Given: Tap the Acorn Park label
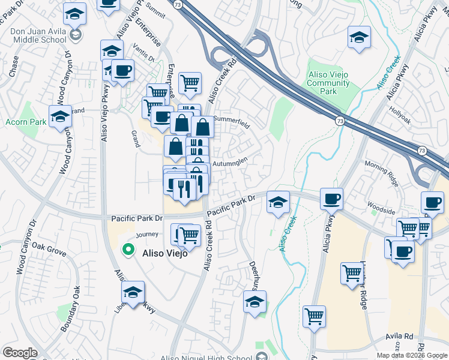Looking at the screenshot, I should point(26,122).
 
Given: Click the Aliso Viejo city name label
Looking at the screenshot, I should point(165,253).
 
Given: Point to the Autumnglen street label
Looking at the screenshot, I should point(231,163).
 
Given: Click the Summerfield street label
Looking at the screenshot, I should point(231,119).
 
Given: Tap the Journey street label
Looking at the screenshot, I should point(147,235).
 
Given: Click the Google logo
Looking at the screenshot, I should point(20,353).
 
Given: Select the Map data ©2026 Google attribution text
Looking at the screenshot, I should point(411,355).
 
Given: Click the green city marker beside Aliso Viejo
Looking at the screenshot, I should point(127,249).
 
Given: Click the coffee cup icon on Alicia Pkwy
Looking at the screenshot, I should point(331,199).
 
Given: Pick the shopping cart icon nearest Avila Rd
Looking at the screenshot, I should point(315,315).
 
